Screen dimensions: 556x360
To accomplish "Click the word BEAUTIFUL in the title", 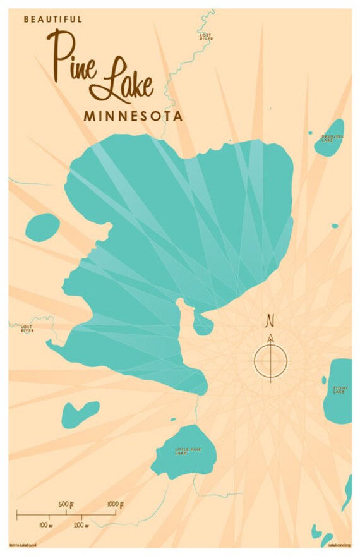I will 53,20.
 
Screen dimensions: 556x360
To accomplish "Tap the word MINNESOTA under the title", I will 133,116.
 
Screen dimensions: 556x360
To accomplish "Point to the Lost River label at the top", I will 206,37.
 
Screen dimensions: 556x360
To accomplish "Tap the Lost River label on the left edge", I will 27,329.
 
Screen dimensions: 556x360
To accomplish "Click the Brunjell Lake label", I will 332,137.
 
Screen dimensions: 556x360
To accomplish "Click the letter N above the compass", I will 270,320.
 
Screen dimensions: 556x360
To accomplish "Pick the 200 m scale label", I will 81,525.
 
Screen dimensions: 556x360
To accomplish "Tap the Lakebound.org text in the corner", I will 339,545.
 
